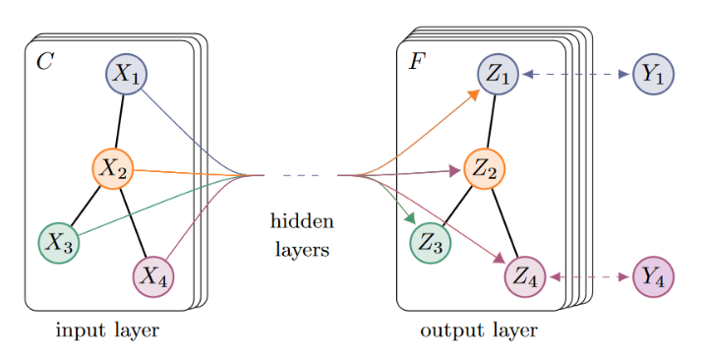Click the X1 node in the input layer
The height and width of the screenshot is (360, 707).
click(126, 74)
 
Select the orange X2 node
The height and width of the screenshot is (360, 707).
click(113, 169)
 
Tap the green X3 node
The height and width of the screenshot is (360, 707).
click(59, 242)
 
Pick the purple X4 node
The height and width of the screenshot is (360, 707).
click(153, 276)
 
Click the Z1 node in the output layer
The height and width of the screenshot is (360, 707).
click(499, 74)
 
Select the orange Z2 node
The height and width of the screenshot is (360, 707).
click(484, 169)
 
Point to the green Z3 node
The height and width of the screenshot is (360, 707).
click(431, 242)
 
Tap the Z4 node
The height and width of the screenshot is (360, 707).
click(525, 276)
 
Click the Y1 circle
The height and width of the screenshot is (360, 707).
click(653, 74)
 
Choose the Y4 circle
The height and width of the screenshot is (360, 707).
click(653, 276)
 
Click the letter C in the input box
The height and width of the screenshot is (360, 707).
click(45, 61)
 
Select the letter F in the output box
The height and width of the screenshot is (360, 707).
click(417, 61)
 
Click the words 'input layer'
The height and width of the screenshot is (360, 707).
click(107, 330)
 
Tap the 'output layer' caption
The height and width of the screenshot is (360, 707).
click(479, 330)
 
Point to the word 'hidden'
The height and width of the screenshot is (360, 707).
click(302, 221)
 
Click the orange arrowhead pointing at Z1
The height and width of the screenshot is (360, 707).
click(473, 94)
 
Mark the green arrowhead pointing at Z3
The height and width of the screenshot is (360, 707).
click(411, 218)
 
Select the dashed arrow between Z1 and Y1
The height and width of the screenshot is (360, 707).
click(576, 74)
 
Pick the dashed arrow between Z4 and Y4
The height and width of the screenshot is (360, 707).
click(589, 276)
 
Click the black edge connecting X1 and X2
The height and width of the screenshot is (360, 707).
click(120, 122)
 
